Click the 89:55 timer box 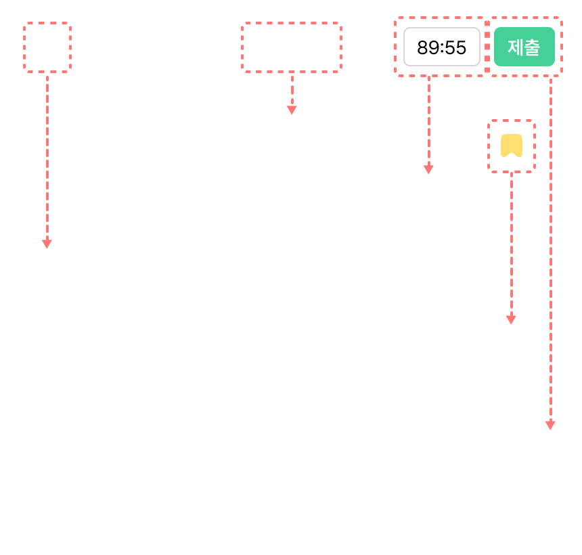[441, 47]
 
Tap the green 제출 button [524, 47]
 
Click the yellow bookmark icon [511, 146]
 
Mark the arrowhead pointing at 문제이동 [292, 109]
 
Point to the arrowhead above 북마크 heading [512, 319]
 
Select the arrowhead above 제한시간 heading [428, 169]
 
